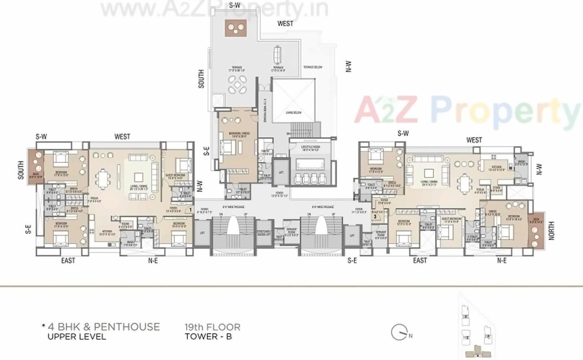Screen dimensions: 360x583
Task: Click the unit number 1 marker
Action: (x=190, y=211)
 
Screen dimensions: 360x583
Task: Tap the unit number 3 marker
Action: (x=375, y=217)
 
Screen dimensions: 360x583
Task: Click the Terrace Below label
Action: (x=313, y=67)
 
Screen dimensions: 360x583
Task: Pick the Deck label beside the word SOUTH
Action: (x=36, y=174)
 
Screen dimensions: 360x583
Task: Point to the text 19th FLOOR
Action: (x=212, y=327)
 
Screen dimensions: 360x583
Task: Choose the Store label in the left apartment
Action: (x=126, y=224)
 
